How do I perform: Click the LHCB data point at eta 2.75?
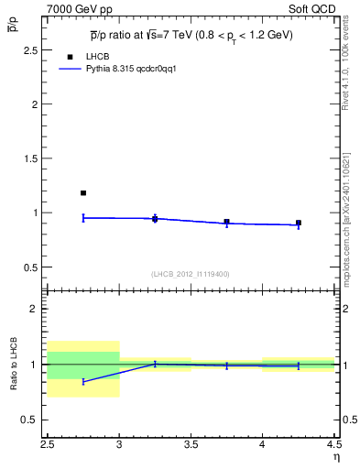tap(83, 193)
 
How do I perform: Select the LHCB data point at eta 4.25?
tap(299, 223)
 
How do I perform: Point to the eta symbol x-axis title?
tap(335, 457)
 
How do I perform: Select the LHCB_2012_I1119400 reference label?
tap(190, 274)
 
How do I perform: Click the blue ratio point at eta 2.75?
tap(83, 381)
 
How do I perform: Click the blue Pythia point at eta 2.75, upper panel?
tap(83, 217)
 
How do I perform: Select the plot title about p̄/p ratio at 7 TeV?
tap(191, 35)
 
